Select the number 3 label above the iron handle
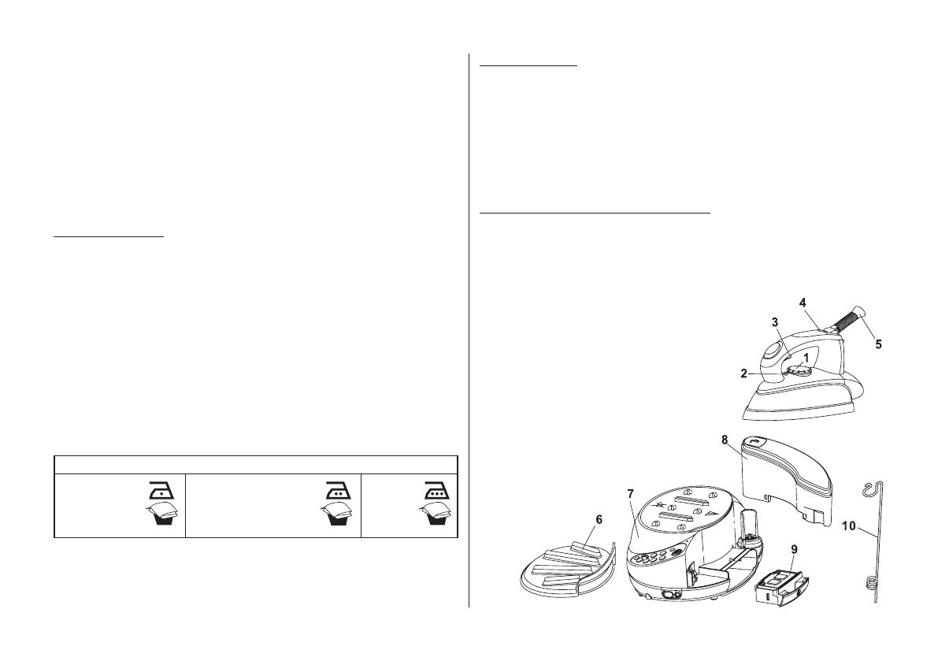tap(774, 322)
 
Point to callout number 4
tap(802, 302)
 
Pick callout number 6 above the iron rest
tap(599, 521)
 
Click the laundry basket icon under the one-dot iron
tap(160, 518)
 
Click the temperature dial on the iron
tap(797, 369)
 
